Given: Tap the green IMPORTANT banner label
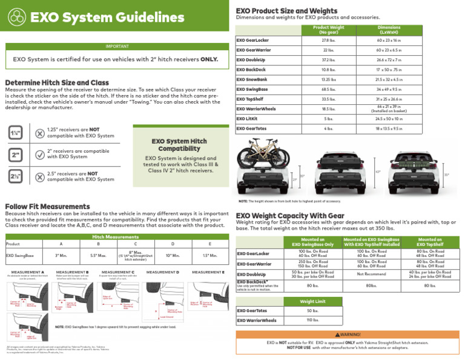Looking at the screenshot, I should pos(113,45).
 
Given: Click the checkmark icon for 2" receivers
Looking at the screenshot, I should pos(39,155).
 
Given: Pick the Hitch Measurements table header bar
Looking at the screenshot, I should pos(114,237).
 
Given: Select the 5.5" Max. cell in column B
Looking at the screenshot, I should pos(98,256).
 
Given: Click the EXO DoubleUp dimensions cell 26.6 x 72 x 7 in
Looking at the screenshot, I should pos(389,60).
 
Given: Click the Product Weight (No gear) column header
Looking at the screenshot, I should pos(329,30).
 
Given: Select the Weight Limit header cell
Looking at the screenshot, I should pos(312,301).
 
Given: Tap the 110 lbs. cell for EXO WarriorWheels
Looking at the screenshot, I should pos(312,321).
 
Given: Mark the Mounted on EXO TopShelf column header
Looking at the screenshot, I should pos(430,242).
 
